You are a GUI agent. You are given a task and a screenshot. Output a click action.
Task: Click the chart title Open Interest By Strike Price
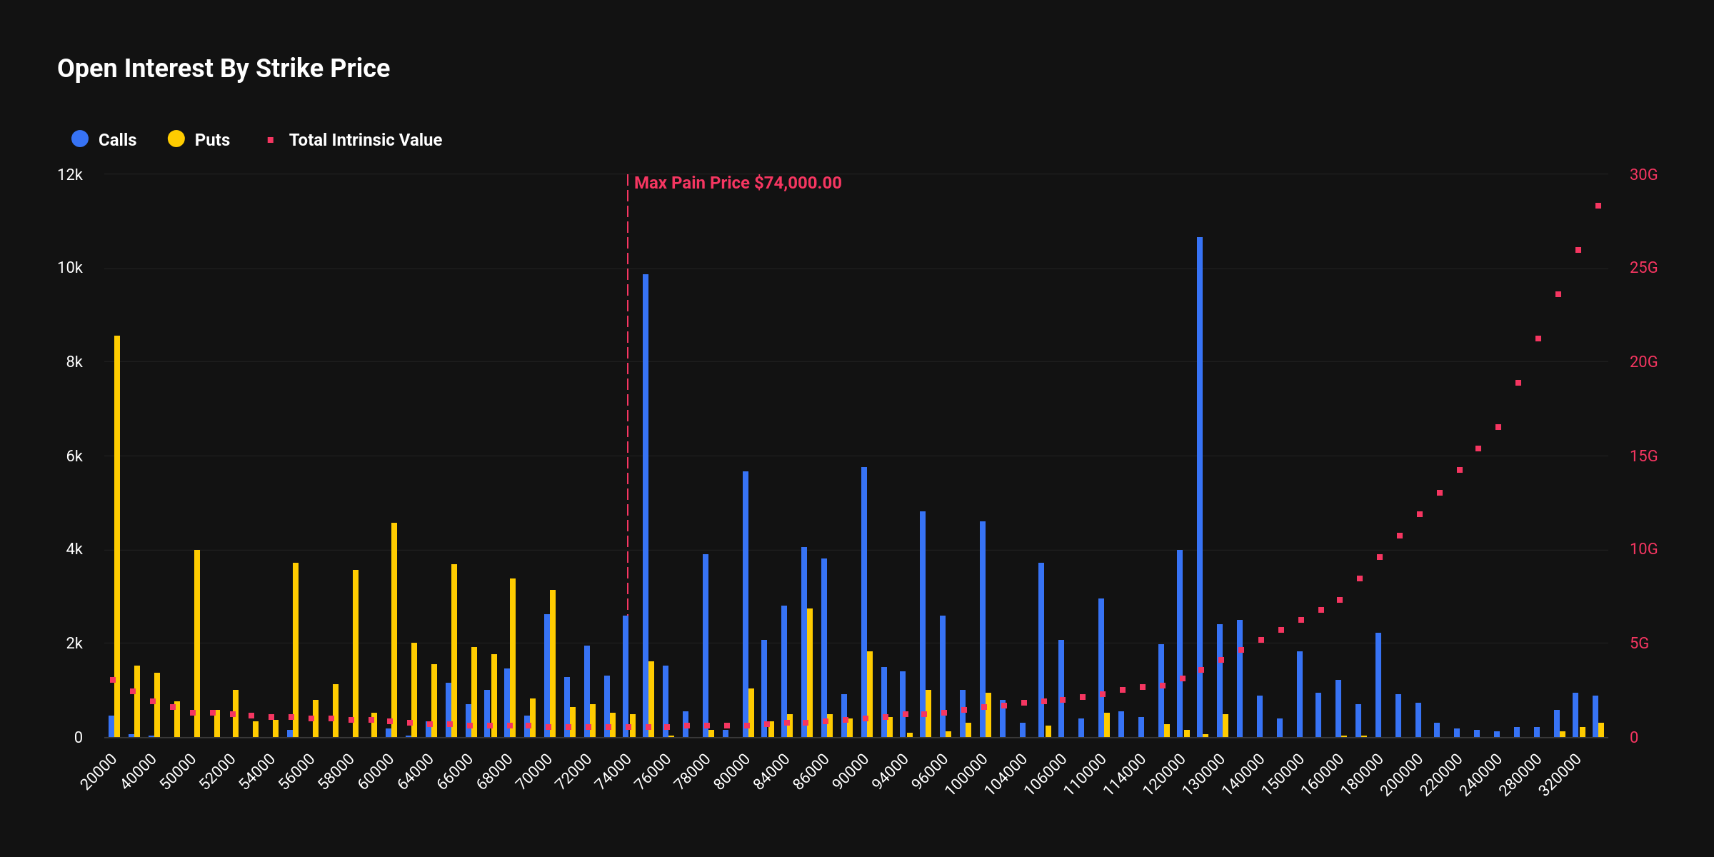tap(224, 69)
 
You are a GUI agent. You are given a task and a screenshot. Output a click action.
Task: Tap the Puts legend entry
tap(199, 139)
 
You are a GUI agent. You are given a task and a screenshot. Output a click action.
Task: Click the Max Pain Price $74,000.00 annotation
tap(737, 183)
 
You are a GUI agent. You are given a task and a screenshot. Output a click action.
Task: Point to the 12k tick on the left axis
tap(70, 175)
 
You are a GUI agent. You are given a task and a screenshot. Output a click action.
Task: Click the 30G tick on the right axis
tap(1643, 175)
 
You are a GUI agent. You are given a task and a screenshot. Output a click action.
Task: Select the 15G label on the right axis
tap(1643, 456)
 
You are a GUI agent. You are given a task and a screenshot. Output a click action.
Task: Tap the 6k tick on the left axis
tap(74, 456)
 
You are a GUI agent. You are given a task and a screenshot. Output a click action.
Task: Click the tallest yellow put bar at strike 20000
tap(117, 536)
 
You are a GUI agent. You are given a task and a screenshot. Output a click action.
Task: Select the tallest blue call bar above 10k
tap(1200, 486)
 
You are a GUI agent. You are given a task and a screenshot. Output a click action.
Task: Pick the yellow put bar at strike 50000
tap(197, 643)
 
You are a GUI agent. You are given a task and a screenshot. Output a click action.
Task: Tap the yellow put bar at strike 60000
tap(394, 628)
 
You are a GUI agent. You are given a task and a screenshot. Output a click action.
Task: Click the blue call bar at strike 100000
tap(983, 628)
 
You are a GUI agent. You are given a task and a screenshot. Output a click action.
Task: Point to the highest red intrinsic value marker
tap(1598, 206)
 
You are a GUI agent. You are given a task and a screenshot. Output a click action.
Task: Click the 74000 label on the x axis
tap(613, 772)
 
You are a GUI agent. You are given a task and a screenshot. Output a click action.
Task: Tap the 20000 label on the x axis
tap(99, 772)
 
